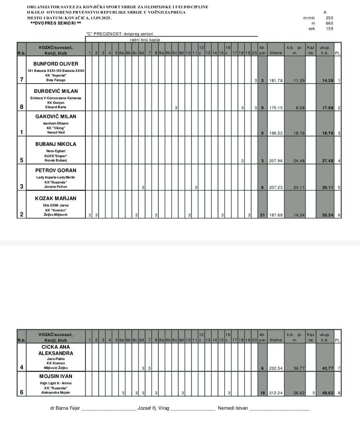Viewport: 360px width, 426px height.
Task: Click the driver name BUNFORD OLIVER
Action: [56, 64]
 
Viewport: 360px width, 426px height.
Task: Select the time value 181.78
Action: [276, 81]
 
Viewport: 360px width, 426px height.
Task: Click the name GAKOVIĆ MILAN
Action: [56, 116]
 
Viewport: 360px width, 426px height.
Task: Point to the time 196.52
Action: [276, 133]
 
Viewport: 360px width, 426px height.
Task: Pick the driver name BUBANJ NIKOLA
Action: [56, 144]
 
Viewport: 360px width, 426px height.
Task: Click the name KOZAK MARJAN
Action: [56, 198]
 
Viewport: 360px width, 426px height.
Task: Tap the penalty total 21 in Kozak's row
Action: [262, 215]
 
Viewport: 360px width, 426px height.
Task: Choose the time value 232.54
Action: [276, 368]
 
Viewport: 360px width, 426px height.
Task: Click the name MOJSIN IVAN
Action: [56, 376]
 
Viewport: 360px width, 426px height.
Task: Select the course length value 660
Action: [329, 23]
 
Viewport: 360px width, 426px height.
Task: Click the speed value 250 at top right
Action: [329, 18]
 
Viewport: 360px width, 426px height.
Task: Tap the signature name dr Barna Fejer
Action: [65, 408]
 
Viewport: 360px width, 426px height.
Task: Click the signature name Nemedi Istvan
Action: [233, 408]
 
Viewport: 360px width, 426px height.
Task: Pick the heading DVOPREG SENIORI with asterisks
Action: [56, 23]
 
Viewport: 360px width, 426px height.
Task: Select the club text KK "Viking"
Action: [56, 128]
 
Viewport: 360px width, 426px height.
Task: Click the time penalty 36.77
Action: [299, 368]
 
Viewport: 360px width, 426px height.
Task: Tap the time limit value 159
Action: [329, 29]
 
